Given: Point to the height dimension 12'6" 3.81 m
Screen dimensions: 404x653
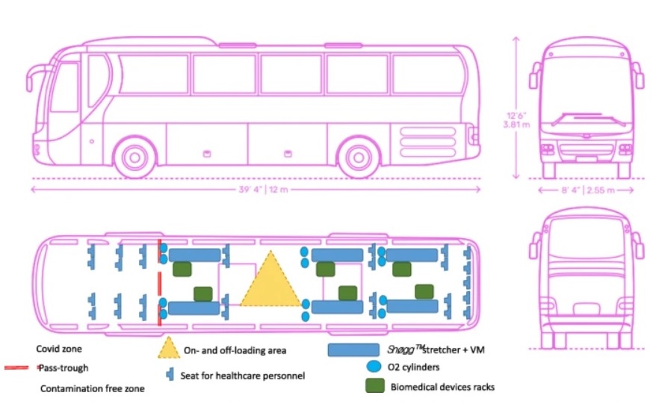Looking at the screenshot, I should (x=516, y=120).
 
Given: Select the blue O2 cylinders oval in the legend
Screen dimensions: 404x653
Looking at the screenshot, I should (x=374, y=367).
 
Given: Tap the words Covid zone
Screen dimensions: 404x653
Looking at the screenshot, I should (x=58, y=349).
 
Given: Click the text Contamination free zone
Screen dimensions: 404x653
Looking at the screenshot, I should (x=92, y=388).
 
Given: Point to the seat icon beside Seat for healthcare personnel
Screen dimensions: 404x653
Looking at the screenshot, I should (x=170, y=373).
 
